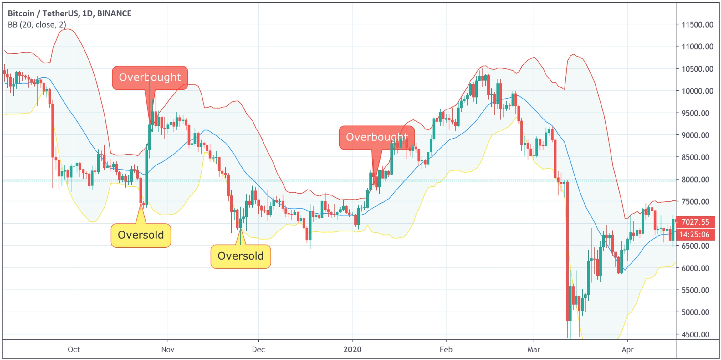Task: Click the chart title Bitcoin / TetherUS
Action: (x=69, y=13)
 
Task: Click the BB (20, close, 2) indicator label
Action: (x=37, y=25)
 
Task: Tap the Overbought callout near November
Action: (x=150, y=78)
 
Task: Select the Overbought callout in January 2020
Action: (x=376, y=137)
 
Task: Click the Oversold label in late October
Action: (x=141, y=235)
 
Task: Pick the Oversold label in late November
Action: (x=241, y=256)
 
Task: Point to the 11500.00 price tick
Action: (x=697, y=25)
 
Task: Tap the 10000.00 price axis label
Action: (x=697, y=91)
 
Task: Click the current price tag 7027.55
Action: (x=695, y=222)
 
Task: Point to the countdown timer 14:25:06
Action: (x=695, y=235)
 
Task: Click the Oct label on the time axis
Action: (x=74, y=349)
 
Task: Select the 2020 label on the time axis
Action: (x=352, y=349)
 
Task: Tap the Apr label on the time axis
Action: (x=627, y=349)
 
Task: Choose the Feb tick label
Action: (x=446, y=349)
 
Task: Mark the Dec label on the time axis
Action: (x=258, y=349)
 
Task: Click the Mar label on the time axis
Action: (x=534, y=349)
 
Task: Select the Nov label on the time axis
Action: (x=168, y=349)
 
